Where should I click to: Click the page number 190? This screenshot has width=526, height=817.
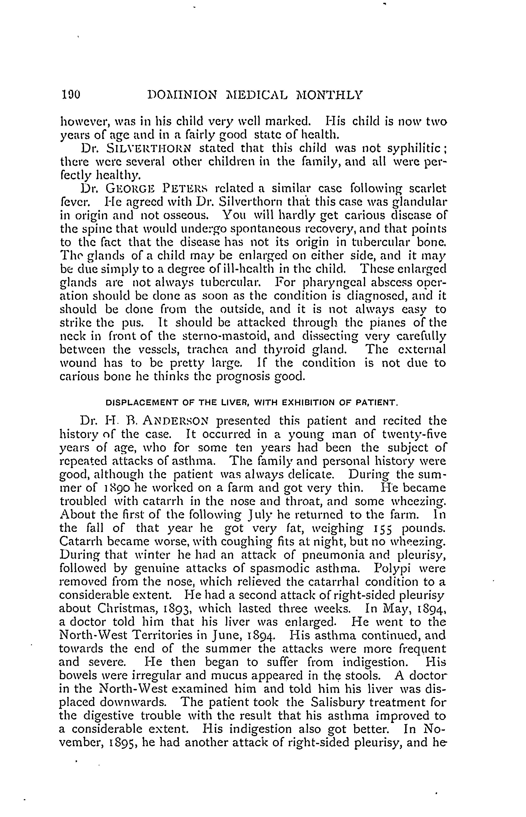tap(70, 94)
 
